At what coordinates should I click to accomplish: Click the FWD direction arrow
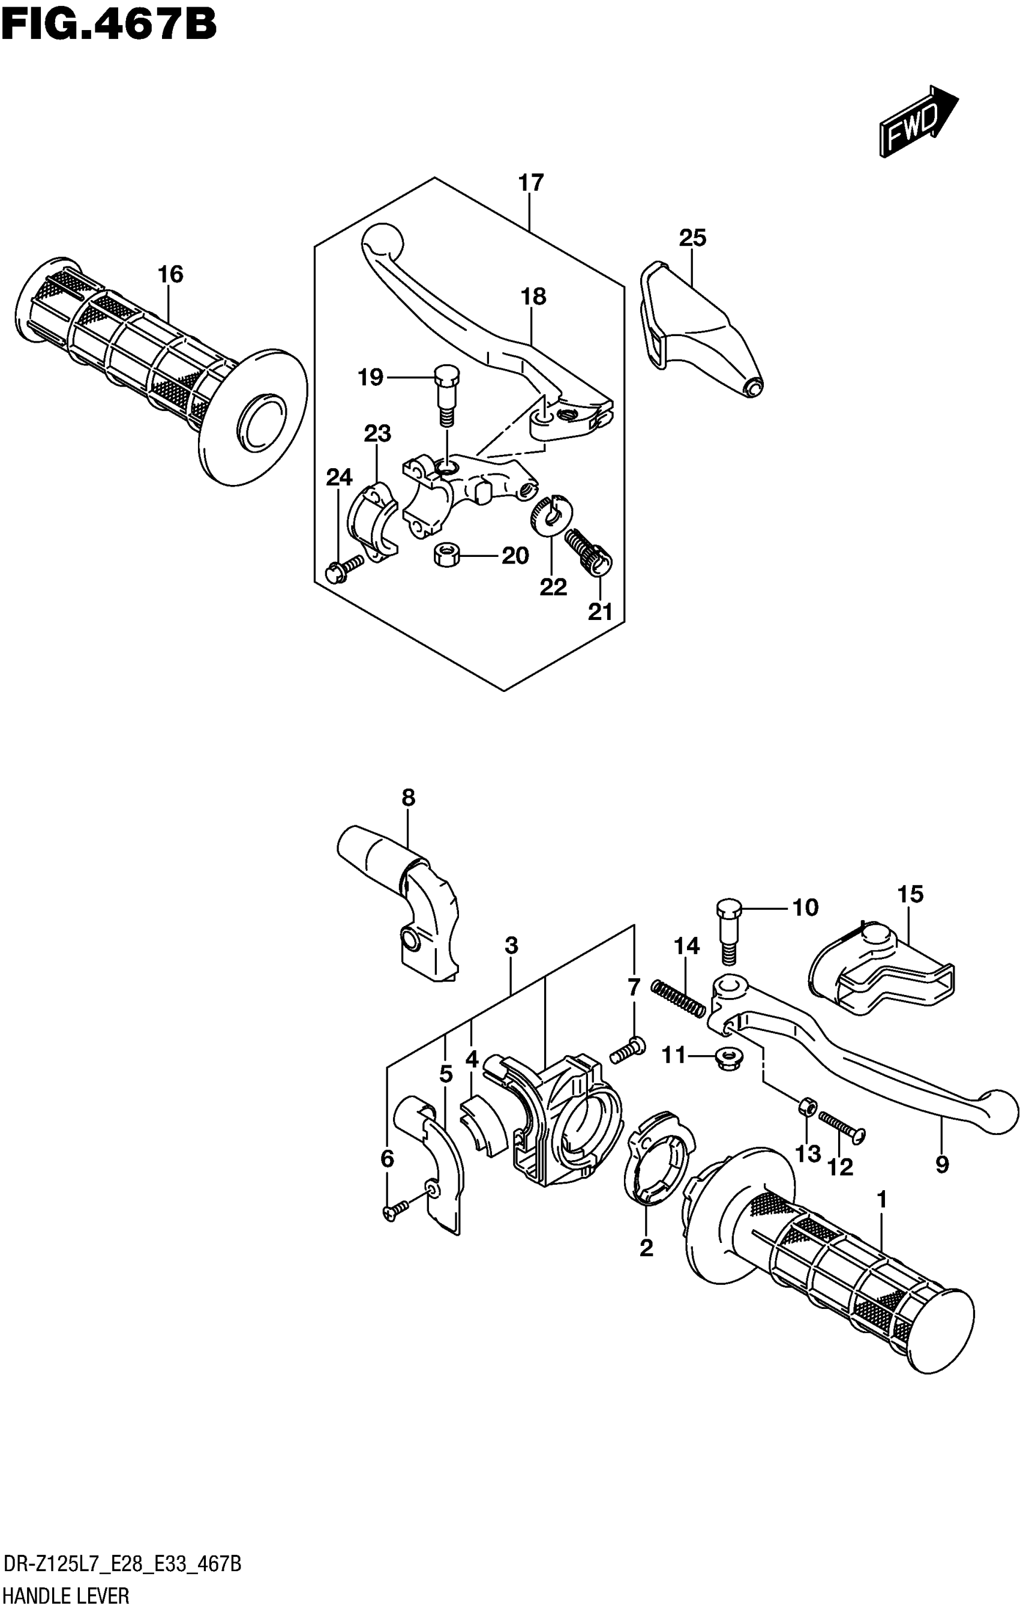[x=919, y=121]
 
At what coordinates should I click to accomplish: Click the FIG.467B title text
[x=109, y=25]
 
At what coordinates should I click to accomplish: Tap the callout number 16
[x=170, y=274]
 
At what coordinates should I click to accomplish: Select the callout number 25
[x=693, y=238]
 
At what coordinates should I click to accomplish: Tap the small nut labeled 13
[x=808, y=1107]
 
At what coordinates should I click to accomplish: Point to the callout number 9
[x=941, y=1165]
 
